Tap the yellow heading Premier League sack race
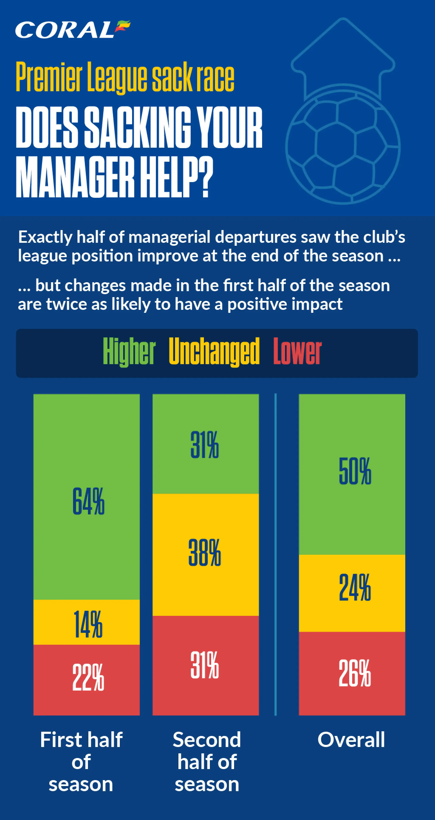(125, 77)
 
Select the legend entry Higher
(129, 352)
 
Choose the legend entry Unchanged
(214, 352)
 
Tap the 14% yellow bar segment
(87, 622)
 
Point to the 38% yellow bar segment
(206, 555)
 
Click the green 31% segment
(206, 444)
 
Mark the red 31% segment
(206, 665)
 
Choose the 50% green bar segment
(352, 474)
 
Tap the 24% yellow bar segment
(352, 593)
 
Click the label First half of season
(81, 762)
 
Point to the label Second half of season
(207, 762)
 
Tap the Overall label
(351, 739)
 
